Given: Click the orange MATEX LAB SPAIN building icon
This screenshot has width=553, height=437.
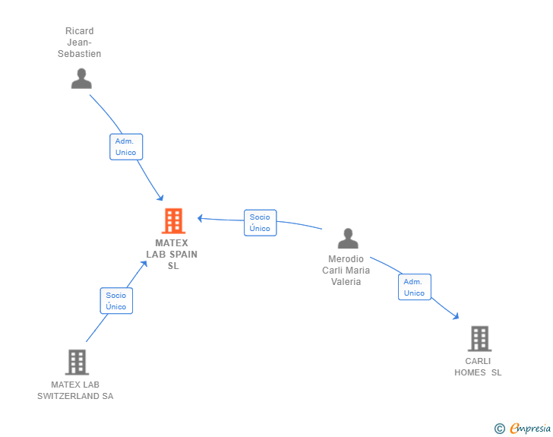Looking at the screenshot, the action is tap(173, 221).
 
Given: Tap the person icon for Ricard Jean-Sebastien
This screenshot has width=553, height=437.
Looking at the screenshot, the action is tap(81, 78).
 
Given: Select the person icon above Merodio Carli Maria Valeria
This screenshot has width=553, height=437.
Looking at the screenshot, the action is tap(348, 239).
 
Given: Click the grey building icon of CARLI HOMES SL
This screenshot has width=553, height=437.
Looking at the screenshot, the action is tap(479, 338).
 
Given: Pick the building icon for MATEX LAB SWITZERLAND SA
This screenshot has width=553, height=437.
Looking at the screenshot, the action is tap(77, 363).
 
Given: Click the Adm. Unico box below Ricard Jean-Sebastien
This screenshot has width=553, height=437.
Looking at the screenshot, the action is tap(126, 147).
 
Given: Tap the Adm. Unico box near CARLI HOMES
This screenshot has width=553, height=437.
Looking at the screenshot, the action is tap(415, 287).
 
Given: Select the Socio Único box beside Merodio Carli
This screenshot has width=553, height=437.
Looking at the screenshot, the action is tap(261, 223).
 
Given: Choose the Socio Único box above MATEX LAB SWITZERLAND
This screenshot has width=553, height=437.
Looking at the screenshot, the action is tap(116, 301).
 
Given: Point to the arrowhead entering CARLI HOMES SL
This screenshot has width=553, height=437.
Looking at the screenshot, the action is tap(457, 316).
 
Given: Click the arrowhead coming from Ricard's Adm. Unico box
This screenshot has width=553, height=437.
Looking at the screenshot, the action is tap(160, 198).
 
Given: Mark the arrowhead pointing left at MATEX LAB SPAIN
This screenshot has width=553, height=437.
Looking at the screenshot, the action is tap(200, 219).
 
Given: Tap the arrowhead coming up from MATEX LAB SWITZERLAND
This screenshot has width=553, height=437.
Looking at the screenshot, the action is tap(144, 264).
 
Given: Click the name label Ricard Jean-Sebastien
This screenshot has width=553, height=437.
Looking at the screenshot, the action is tap(79, 43).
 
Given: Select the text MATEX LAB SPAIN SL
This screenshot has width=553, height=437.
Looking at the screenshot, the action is tap(172, 254).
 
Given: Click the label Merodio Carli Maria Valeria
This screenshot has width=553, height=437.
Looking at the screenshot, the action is tap(346, 271).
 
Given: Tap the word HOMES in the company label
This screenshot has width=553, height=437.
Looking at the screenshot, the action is tap(469, 372).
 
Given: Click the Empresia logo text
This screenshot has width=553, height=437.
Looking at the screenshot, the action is tap(530, 428).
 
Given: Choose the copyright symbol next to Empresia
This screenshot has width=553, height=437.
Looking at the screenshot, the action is tap(500, 429).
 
